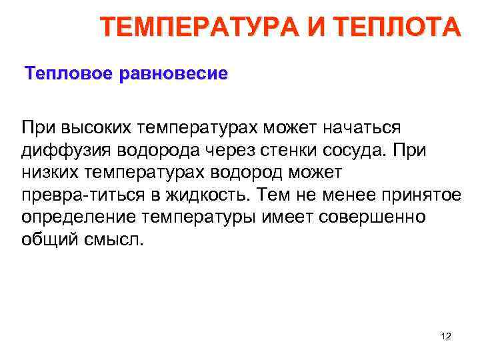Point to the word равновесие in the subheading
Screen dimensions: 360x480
173,73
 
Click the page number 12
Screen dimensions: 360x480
446,337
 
